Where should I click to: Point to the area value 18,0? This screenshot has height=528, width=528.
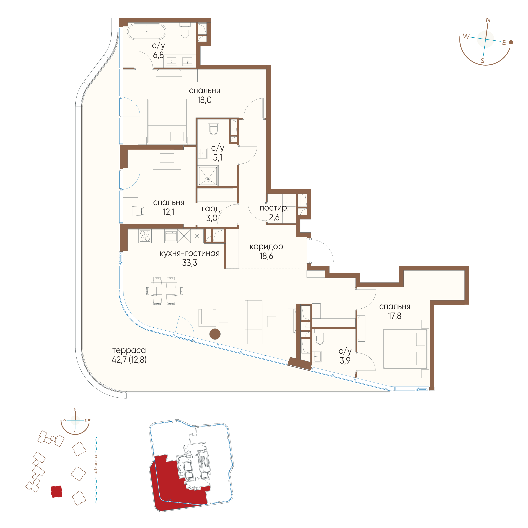(204, 100)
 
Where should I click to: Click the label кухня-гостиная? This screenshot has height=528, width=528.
(190, 253)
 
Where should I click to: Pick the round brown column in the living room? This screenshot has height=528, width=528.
(215, 334)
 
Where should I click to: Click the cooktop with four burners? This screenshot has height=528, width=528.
(145, 236)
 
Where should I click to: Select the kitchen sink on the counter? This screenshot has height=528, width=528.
(171, 236)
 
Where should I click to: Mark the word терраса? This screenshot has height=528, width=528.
(129, 350)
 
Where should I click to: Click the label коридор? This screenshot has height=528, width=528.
(266, 247)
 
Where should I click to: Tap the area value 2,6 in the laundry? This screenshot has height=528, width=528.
(274, 218)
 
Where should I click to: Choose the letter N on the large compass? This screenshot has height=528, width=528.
(488, 20)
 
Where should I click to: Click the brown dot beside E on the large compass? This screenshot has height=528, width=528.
(511, 42)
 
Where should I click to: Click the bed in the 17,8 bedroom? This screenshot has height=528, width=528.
(405, 349)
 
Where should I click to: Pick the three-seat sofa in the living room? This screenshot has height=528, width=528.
(253, 322)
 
